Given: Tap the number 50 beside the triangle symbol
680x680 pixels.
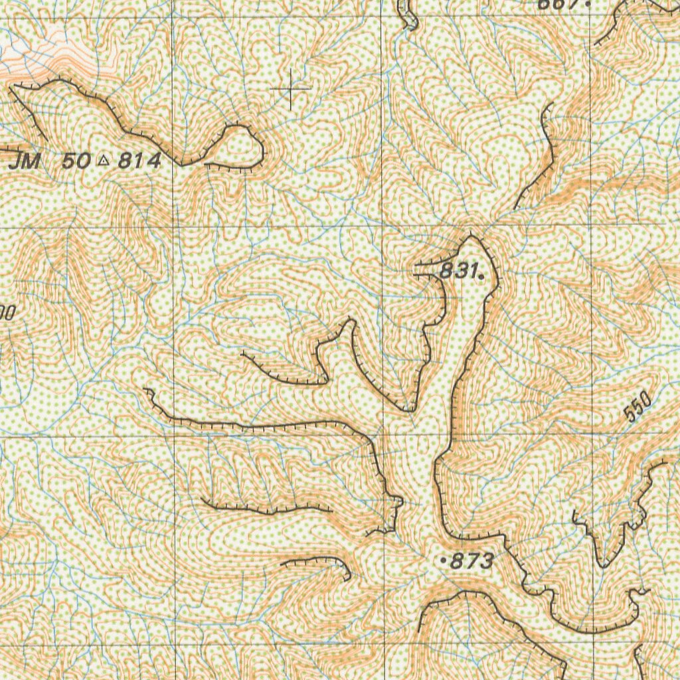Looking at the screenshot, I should coord(78,161).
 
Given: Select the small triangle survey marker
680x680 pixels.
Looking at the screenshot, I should coord(104,160).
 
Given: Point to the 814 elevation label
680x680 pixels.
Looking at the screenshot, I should coord(139,160).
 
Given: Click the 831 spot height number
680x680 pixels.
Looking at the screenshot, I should coord(458,270).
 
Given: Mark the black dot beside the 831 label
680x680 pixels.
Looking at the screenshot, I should coord(480,273).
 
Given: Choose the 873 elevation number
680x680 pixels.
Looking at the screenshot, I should coord(471,562).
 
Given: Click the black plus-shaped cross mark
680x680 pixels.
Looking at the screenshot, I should coord(291,88).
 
